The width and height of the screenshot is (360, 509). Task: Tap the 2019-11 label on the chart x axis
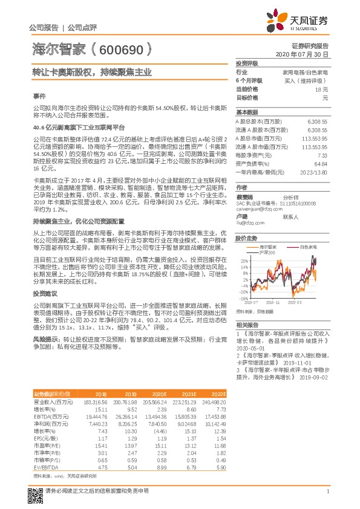(273, 302)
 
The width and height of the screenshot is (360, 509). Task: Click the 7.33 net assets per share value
(322, 155)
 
